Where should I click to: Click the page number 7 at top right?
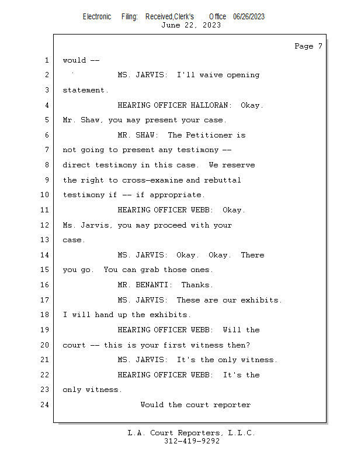point(320,46)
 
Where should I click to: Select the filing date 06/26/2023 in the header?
point(249,17)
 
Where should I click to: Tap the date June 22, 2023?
point(191,25)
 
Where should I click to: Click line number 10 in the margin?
point(45,195)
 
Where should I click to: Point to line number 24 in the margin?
point(45,405)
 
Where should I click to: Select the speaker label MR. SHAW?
point(138,135)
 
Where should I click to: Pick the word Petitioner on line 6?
point(209,135)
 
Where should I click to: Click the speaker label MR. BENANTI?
point(145,285)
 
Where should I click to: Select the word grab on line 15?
point(150,270)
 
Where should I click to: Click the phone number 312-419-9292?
point(192,441)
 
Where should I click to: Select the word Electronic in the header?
point(97,17)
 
